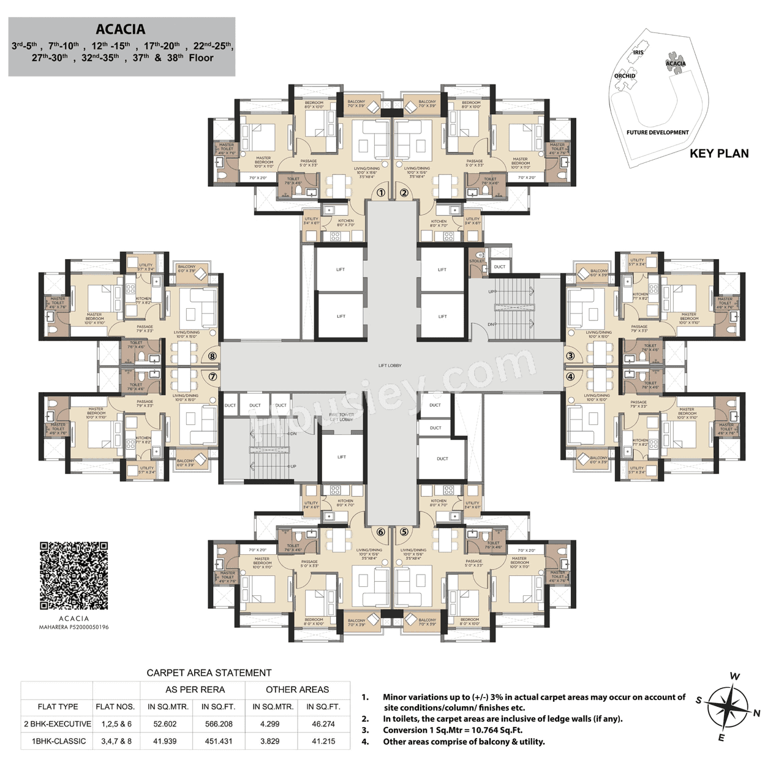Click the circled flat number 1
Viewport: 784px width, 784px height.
pyautogui.click(x=381, y=193)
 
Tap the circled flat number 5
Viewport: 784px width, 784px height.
pyautogui.click(x=404, y=532)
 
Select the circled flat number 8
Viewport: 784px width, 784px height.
pyautogui.click(x=213, y=356)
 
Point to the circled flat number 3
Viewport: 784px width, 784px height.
pyautogui.click(x=570, y=356)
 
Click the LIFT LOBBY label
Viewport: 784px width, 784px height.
pyautogui.click(x=390, y=366)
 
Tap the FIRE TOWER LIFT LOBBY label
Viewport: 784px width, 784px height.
pyautogui.click(x=341, y=417)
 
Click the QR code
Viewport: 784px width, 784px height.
pyautogui.click(x=74, y=576)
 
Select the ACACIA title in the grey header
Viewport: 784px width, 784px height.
pyautogui.click(x=121, y=29)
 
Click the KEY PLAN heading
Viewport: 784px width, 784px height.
pyautogui.click(x=719, y=154)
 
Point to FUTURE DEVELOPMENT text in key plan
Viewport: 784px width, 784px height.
pyautogui.click(x=657, y=132)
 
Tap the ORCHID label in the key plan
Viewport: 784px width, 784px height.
pyautogui.click(x=625, y=76)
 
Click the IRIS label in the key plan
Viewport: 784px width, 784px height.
pyautogui.click(x=638, y=53)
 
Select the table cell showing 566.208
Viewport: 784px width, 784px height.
pyautogui.click(x=219, y=724)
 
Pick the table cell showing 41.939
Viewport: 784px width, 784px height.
pyautogui.click(x=165, y=741)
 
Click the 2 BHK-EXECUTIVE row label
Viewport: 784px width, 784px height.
pyautogui.click(x=58, y=724)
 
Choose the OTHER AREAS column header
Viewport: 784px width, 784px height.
pyautogui.click(x=297, y=690)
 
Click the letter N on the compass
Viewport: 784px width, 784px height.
pyautogui.click(x=757, y=713)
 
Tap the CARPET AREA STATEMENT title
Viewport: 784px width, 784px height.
pyautogui.click(x=209, y=673)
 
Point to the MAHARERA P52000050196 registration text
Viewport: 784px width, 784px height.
pyautogui.click(x=74, y=627)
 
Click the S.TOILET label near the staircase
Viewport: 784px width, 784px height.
pyautogui.click(x=477, y=261)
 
